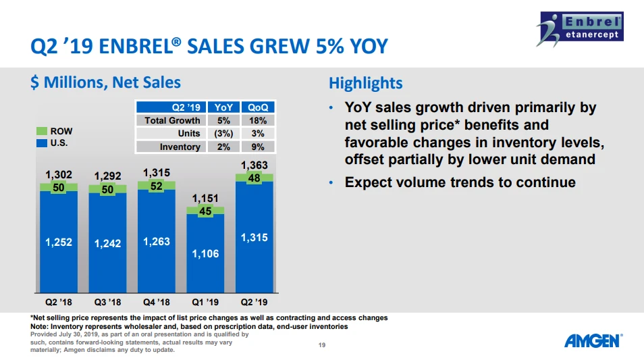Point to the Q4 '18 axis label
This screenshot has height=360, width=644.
click(157, 302)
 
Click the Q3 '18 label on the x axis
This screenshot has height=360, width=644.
click(107, 302)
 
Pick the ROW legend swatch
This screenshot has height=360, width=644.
click(41, 131)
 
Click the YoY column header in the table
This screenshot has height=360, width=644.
click(223, 107)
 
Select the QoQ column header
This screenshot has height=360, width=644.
click(257, 107)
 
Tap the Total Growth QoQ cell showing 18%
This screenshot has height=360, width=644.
click(257, 120)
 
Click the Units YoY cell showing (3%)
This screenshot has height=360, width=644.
click(223, 133)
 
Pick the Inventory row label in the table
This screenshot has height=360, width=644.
click(180, 147)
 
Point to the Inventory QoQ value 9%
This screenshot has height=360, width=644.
click(257, 147)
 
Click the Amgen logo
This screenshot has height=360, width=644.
click(593, 340)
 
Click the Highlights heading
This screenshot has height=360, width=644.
click(365, 83)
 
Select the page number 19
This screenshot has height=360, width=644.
click(322, 346)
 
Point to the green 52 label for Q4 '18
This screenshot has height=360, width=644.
click(157, 186)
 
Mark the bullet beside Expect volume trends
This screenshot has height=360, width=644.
click(331, 183)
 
